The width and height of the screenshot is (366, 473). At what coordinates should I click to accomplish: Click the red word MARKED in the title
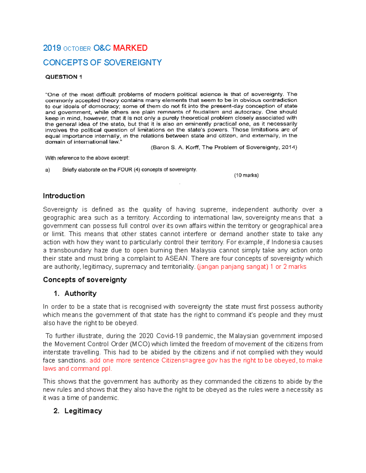[130, 48]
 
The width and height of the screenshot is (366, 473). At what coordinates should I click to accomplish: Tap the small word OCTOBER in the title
[77, 49]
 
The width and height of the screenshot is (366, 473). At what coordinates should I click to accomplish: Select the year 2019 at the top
[52, 48]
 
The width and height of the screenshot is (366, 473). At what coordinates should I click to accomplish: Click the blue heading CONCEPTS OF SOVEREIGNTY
[102, 63]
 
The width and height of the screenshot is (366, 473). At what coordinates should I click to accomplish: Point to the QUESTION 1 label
[63, 77]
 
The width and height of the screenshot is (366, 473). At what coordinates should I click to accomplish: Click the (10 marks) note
[246, 175]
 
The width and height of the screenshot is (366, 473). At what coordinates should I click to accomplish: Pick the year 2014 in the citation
[289, 147]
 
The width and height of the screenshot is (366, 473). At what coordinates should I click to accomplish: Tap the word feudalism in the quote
[204, 112]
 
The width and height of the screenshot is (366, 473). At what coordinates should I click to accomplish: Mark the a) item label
[48, 170]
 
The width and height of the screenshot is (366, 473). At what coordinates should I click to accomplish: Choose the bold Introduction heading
[64, 196]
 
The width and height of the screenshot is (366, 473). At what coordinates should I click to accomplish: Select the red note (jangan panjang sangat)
[233, 267]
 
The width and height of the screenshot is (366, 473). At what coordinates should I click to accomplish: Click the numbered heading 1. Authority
[75, 293]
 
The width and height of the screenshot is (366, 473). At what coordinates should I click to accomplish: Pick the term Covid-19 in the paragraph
[169, 336]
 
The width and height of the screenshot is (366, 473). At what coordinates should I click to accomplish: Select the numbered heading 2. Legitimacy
[78, 411]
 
